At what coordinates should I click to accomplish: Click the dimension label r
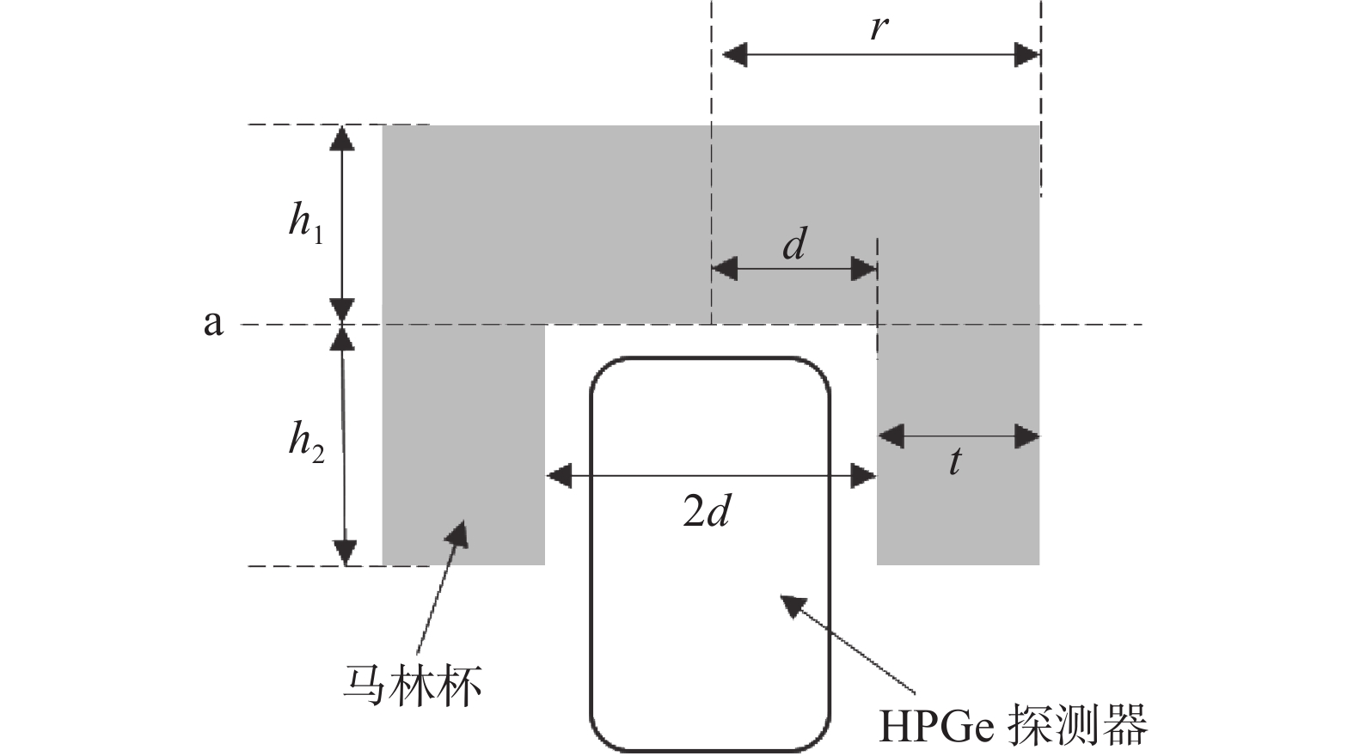pyautogui.click(x=878, y=27)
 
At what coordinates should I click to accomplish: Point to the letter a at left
pyautogui.click(x=212, y=323)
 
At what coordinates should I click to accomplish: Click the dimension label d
pyautogui.click(x=794, y=245)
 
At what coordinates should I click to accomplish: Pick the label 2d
pyautogui.click(x=707, y=512)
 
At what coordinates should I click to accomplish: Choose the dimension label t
pyautogui.click(x=955, y=462)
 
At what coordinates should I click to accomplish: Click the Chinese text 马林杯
pyautogui.click(x=413, y=685)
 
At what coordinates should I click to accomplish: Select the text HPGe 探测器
pyautogui.click(x=1013, y=726)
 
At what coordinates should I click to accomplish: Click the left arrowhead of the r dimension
pyautogui.click(x=734, y=55)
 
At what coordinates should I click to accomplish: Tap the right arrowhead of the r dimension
pyautogui.click(x=1027, y=55)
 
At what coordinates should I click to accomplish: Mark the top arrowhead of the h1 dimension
pyautogui.click(x=342, y=137)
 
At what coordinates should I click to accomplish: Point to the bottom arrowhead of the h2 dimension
pyautogui.click(x=345, y=553)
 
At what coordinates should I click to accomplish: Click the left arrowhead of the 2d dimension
pyautogui.click(x=559, y=475)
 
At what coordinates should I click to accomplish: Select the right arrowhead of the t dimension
pyautogui.click(x=1027, y=436)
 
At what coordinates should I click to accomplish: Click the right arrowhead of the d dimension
pyautogui.click(x=864, y=269)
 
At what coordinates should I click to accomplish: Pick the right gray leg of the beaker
pyautogui.click(x=958, y=507)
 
